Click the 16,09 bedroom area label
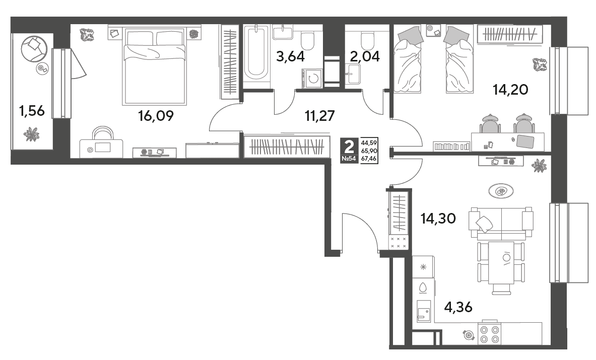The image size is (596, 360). coord(156,116)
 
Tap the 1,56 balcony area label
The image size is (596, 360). coord(32,111)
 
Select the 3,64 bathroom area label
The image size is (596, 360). coord(290,56)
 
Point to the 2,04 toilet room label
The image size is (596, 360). coord(365,56)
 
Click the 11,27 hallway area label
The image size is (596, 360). coord(320,116)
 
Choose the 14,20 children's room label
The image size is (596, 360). coord(510,90)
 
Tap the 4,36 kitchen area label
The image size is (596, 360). coord(458,307)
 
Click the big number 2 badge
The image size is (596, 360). coord(349,146)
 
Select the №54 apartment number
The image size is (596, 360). coord(349,159)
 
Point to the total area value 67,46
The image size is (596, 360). coord(369,159)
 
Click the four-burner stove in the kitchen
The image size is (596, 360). coord(490,334)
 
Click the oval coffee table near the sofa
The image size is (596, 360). coord(501,191)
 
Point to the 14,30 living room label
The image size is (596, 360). coord(438,219)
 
